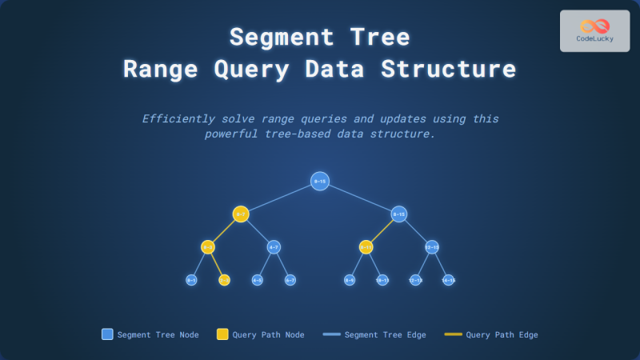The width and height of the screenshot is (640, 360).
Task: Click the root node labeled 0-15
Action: point(320,182)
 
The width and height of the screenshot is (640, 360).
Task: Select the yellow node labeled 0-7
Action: point(241,214)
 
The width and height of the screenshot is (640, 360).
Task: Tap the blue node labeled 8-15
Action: point(399,214)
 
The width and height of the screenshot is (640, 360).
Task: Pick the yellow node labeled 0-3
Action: point(208,247)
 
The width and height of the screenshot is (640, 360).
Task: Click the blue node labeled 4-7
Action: point(274,247)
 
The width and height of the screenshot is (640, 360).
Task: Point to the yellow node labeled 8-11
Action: point(366,247)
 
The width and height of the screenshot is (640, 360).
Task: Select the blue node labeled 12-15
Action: point(432,247)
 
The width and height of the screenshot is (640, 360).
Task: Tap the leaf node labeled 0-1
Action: point(191,280)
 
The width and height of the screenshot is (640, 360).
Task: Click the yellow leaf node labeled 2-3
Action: point(224,280)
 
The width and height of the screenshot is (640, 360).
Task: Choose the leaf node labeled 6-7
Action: point(290,280)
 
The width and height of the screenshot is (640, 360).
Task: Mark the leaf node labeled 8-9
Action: point(350,280)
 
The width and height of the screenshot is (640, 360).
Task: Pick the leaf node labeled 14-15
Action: point(449,280)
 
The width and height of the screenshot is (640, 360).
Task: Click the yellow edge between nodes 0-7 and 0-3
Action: point(224,231)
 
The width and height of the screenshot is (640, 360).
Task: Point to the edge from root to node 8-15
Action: point(360,198)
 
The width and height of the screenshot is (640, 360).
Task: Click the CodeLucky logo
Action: point(594,30)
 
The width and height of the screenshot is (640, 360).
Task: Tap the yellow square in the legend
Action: point(222,334)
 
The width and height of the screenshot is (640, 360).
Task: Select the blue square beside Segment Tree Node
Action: point(107,334)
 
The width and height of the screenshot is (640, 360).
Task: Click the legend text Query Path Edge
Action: point(502,334)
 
